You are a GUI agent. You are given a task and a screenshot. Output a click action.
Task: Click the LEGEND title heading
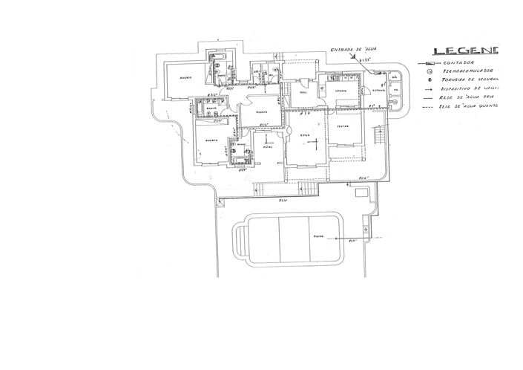(x=466, y=51)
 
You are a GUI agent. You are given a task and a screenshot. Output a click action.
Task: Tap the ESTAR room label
(x=305, y=136)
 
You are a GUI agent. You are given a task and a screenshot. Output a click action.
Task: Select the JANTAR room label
(x=343, y=127)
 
